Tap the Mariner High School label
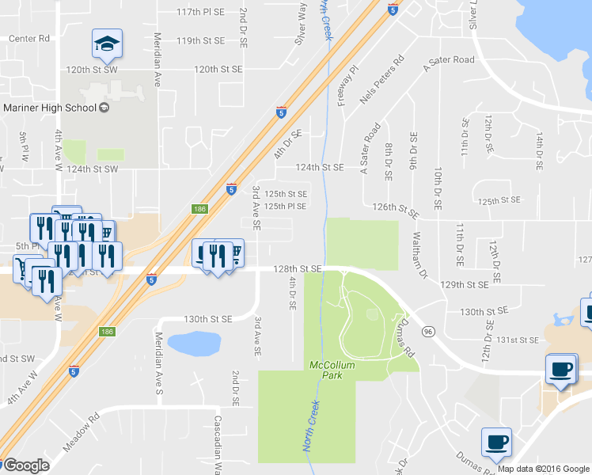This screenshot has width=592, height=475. pyautogui.click(x=48, y=108)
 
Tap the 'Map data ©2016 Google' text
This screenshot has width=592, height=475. pyautogui.click(x=543, y=469)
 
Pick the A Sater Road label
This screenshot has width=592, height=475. pyautogui.click(x=449, y=60)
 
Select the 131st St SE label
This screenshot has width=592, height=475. pyautogui.click(x=518, y=340)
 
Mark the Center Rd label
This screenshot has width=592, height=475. pyautogui.click(x=28, y=38)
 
